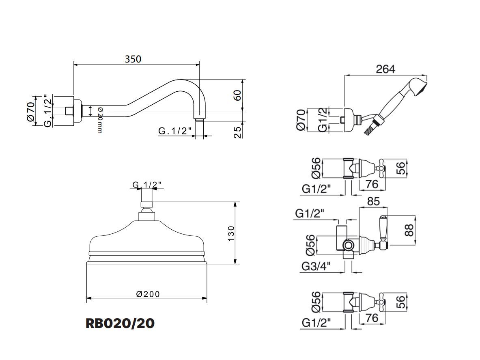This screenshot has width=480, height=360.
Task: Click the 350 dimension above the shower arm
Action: tap(133, 59)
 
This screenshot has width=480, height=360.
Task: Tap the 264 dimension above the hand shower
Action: tap(385, 69)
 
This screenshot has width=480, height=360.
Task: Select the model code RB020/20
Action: tap(120, 323)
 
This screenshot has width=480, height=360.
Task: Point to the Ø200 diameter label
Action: tap(148, 294)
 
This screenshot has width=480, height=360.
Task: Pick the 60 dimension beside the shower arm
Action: tap(238, 95)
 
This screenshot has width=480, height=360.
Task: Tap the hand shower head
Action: tap(419, 87)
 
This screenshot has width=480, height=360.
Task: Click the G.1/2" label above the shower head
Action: tap(147, 185)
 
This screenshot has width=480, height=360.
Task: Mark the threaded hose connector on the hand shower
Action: tap(369, 129)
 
